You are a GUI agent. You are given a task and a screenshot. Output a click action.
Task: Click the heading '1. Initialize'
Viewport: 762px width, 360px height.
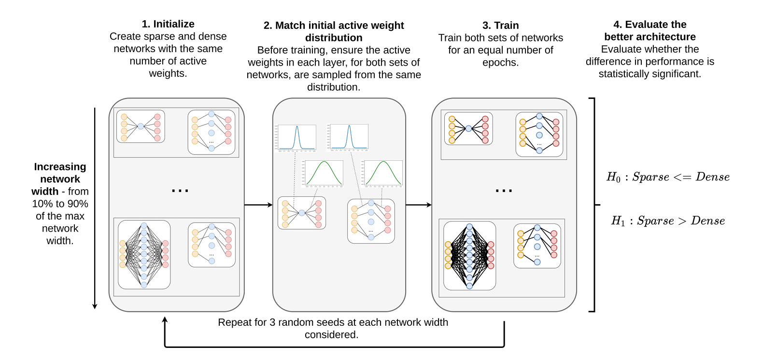[x=168, y=24]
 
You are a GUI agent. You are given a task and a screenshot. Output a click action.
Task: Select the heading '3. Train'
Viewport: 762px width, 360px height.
[x=500, y=26]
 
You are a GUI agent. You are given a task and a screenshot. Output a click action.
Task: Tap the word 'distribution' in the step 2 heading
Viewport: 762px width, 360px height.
[x=334, y=38]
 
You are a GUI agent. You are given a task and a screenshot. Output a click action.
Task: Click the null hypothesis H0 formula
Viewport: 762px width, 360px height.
[x=668, y=177]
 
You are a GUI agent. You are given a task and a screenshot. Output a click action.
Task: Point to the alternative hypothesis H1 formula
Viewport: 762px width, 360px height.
[x=668, y=221]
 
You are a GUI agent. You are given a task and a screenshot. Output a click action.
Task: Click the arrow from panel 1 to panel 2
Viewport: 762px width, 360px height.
[x=258, y=205]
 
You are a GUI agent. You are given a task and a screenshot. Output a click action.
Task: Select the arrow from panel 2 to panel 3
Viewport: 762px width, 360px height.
[x=418, y=205]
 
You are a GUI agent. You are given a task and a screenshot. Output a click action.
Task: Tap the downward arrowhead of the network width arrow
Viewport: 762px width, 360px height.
[x=95, y=305]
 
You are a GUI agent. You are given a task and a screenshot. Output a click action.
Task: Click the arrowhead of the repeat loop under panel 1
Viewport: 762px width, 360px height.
[x=165, y=320]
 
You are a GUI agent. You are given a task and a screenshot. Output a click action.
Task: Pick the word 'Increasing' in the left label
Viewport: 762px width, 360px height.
[x=60, y=167]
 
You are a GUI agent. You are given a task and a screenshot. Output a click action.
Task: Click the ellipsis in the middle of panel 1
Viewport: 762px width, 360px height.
[x=180, y=191]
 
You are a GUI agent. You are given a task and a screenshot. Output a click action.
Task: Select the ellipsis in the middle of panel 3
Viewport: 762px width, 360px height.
[x=504, y=191]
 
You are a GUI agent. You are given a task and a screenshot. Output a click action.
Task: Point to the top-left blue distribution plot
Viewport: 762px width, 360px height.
[x=296, y=138]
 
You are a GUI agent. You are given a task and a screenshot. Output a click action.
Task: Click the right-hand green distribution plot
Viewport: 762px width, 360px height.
[x=383, y=173]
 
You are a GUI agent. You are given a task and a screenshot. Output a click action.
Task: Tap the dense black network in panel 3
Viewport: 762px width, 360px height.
[x=469, y=256]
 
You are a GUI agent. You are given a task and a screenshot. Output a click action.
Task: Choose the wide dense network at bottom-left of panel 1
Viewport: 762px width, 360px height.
[x=144, y=255]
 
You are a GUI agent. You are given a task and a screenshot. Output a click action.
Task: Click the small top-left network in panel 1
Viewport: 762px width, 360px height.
[x=141, y=126]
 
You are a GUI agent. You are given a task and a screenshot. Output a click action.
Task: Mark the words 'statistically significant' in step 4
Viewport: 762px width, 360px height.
[x=649, y=74]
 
